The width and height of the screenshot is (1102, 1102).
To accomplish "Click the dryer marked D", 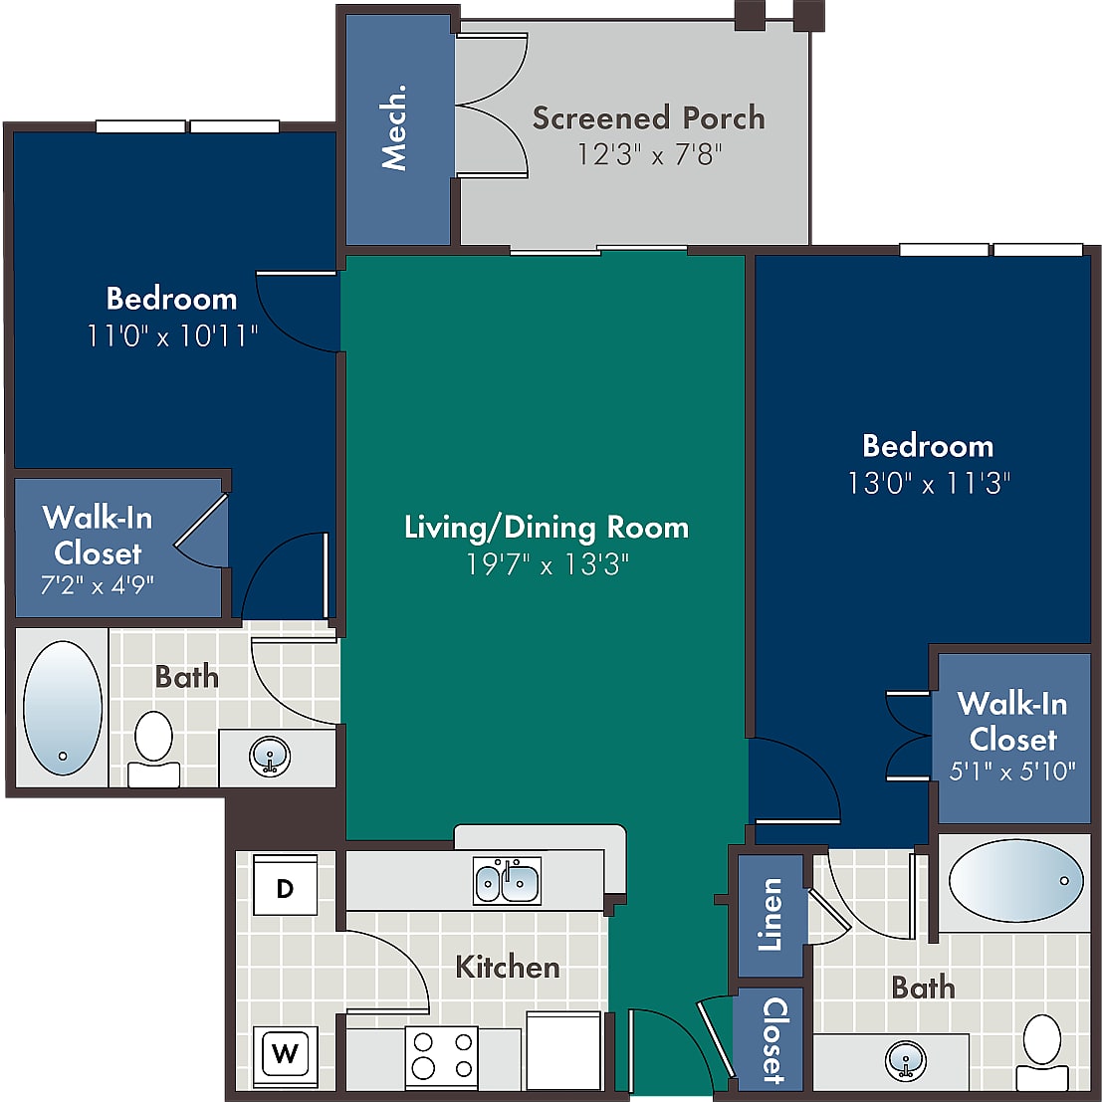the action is pyautogui.click(x=285, y=884).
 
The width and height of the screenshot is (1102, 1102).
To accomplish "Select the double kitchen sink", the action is pyautogui.click(x=507, y=881).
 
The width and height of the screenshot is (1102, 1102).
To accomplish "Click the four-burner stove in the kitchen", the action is pyautogui.click(x=441, y=1055).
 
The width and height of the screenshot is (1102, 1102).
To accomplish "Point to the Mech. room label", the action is pyautogui.click(x=393, y=127).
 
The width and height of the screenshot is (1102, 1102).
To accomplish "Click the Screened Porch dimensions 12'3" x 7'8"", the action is pyautogui.click(x=649, y=154).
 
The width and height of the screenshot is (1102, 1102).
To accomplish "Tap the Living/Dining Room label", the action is pyautogui.click(x=547, y=527).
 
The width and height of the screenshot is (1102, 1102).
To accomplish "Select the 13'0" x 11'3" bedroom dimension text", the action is pyautogui.click(x=929, y=483).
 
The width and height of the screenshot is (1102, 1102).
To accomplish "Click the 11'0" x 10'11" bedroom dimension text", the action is pyautogui.click(x=172, y=335).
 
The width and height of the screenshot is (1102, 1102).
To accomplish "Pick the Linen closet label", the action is pyautogui.click(x=771, y=914).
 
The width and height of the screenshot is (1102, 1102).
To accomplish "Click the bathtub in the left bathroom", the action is pyautogui.click(x=63, y=708).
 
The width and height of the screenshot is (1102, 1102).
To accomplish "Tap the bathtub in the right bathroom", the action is pyautogui.click(x=1015, y=880).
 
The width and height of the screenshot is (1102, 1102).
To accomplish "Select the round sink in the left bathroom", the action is pyautogui.click(x=270, y=757).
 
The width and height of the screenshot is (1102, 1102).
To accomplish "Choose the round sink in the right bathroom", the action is pyautogui.click(x=906, y=1061).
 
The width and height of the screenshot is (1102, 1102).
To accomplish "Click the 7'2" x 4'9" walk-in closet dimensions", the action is pyautogui.click(x=97, y=584).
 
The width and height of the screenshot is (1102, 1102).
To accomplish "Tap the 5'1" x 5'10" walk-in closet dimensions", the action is pyautogui.click(x=1012, y=771).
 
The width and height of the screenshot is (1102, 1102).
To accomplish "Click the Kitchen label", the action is pyautogui.click(x=508, y=967).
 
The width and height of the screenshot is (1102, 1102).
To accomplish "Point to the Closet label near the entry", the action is pyautogui.click(x=774, y=1040).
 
